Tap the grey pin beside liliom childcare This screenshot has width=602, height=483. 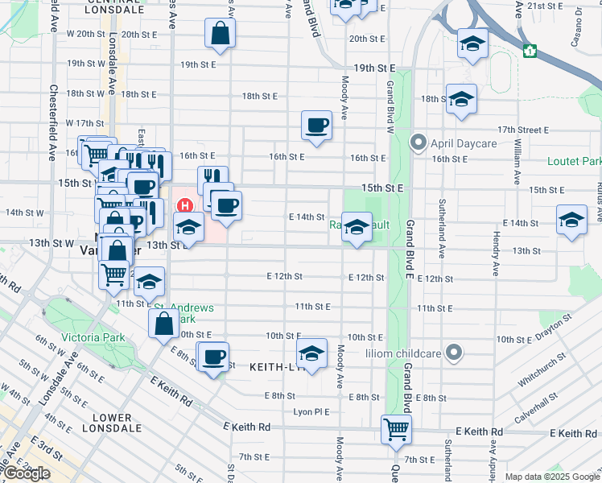455,353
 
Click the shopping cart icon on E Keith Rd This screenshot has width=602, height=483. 396,430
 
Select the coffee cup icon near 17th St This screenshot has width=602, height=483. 316,126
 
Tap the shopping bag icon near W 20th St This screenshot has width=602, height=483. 220,34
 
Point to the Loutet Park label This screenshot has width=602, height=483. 574,161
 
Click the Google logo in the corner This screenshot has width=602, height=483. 27,473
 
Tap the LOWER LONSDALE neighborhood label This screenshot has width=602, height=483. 112,423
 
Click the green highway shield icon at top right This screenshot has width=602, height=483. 529,51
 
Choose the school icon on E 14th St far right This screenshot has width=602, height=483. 571,220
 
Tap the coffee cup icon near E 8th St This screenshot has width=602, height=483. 213,357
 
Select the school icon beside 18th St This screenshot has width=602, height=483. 460,100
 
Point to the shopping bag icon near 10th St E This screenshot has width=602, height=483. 164,324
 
